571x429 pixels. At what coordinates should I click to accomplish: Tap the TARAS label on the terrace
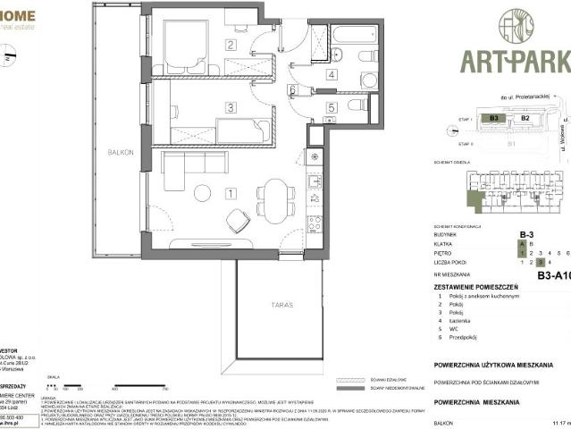point(281,305)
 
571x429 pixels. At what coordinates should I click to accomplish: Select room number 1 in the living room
point(231,192)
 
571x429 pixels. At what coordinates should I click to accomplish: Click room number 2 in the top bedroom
point(230,45)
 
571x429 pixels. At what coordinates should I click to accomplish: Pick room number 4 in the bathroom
point(331,75)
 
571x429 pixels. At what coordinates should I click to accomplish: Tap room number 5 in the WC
point(331,108)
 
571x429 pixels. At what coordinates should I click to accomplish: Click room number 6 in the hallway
point(292,89)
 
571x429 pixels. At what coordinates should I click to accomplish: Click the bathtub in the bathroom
point(354,37)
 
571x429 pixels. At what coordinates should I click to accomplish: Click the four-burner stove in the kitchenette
point(314,223)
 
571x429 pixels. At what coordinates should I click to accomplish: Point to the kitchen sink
point(314,183)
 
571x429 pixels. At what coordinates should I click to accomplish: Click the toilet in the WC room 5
point(357,105)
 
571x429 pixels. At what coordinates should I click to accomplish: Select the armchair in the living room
point(238,221)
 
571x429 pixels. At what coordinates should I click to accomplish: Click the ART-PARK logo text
point(514,62)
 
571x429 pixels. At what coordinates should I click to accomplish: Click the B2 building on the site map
point(525,117)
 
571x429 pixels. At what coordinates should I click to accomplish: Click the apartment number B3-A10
point(552,276)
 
